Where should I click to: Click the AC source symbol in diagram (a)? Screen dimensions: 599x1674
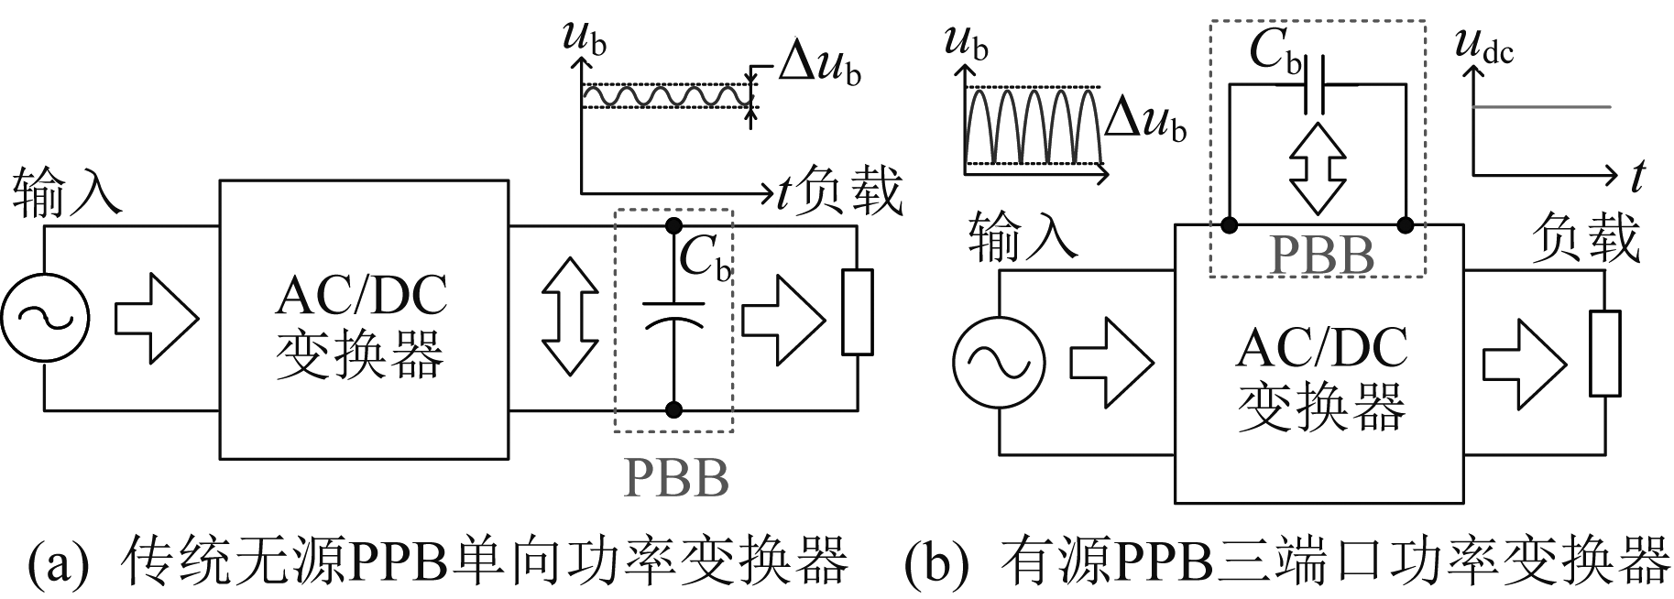tap(44, 317)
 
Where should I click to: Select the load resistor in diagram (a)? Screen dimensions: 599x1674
tap(857, 311)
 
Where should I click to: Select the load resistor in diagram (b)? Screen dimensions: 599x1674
tap(1604, 354)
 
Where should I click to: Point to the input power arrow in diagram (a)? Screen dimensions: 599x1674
tap(156, 317)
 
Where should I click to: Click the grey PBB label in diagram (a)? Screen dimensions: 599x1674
tap(676, 477)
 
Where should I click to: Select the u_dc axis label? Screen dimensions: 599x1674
tap(1484, 48)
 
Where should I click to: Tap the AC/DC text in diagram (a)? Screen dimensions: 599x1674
tap(361, 295)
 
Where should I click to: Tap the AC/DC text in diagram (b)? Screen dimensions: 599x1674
tap(1321, 348)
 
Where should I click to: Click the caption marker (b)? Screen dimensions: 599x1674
tap(935, 565)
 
